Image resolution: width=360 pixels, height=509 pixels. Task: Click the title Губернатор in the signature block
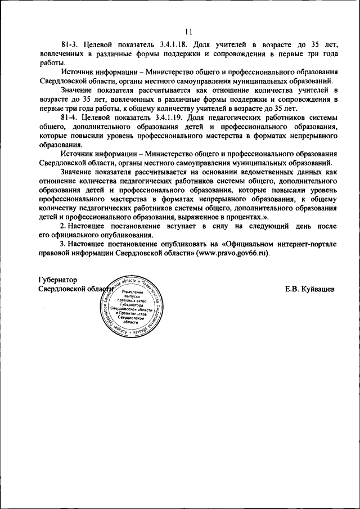(x=57, y=280)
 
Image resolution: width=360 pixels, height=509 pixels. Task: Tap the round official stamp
(x=133, y=307)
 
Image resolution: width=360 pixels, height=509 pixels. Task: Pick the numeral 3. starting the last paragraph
(x=63, y=244)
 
